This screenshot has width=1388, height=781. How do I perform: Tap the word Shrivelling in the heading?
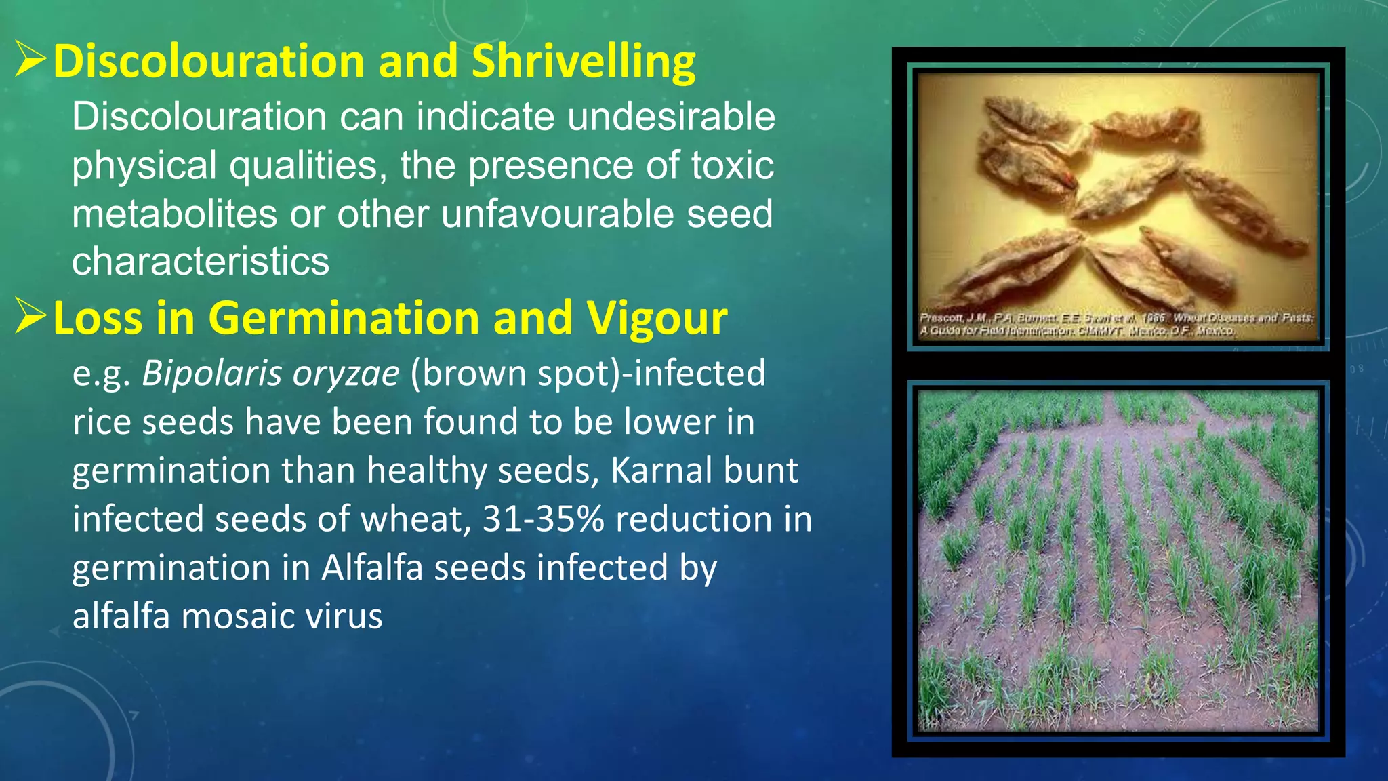(x=583, y=61)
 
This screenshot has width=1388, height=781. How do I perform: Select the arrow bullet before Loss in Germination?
(x=30, y=316)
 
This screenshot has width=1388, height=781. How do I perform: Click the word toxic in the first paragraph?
(x=732, y=165)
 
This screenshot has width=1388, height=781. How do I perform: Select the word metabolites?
(x=174, y=214)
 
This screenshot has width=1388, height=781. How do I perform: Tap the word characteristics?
(x=201, y=262)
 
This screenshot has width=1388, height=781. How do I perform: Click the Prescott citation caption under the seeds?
(x=1116, y=324)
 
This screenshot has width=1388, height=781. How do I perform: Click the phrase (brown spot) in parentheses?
(x=514, y=374)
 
